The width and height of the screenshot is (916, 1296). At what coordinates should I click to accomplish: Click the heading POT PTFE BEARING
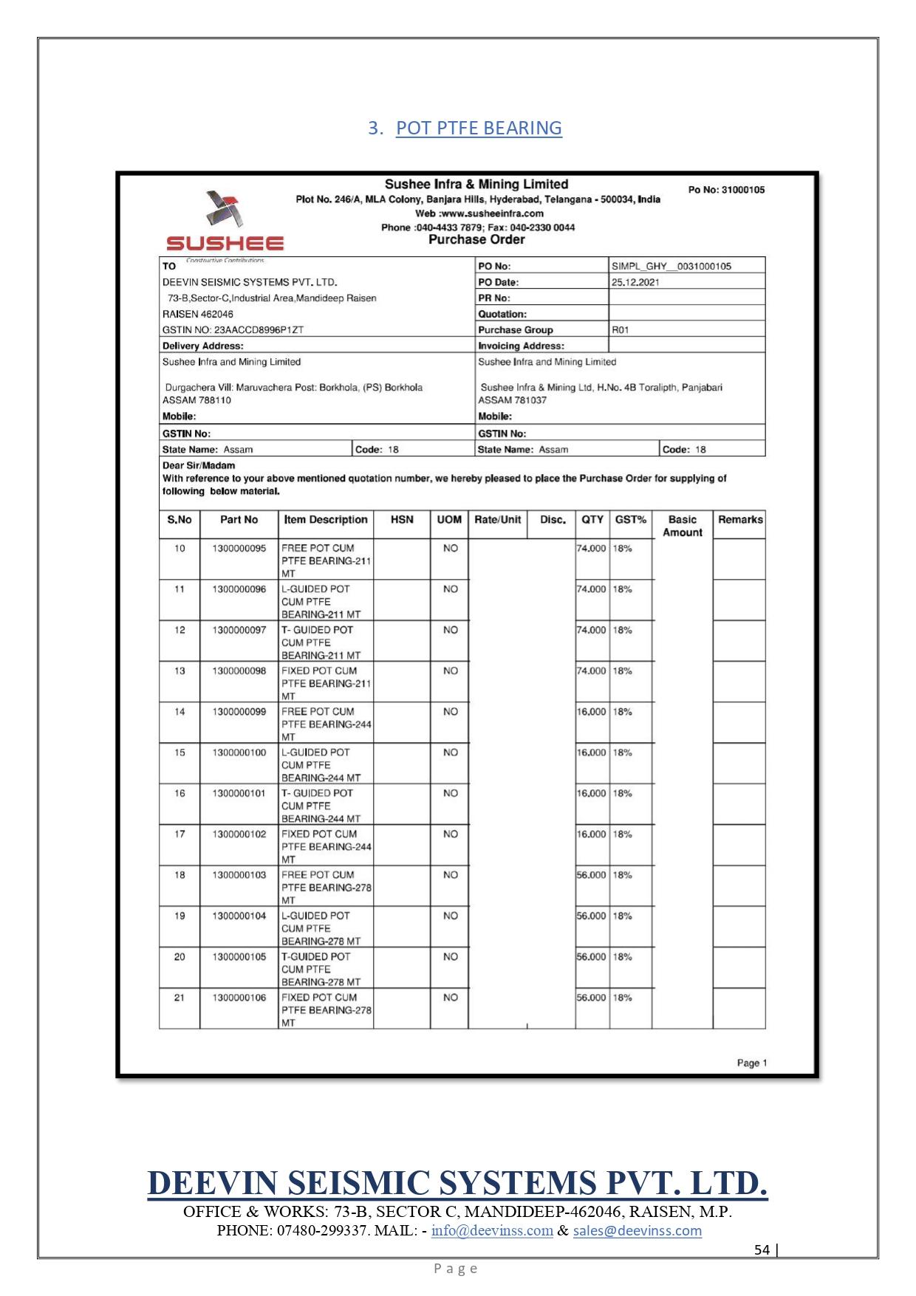coord(479,128)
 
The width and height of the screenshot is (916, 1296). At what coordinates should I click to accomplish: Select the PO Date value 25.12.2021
coord(635,282)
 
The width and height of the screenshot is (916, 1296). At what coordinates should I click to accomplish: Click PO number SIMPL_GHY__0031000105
coord(671,266)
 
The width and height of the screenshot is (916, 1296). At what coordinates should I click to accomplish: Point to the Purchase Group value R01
coord(620,330)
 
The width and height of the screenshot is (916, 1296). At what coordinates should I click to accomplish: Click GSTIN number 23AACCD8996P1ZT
coord(233,330)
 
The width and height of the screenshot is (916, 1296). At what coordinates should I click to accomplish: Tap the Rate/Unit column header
coord(497,520)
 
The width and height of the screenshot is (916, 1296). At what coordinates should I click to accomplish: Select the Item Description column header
coord(326,520)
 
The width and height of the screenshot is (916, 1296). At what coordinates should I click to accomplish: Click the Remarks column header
coord(740,520)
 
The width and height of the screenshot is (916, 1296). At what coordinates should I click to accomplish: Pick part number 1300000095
coord(239,549)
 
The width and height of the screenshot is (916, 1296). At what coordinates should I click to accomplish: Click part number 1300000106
coord(239,998)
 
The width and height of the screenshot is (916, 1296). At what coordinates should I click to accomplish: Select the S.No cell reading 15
coord(180,752)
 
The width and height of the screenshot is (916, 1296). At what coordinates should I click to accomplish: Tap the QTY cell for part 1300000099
coord(591,712)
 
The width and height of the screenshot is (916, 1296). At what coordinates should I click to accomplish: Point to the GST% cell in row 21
coord(623,998)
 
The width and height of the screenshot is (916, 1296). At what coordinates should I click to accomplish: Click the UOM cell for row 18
coord(450,875)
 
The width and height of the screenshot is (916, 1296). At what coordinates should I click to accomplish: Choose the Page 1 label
coord(751,1063)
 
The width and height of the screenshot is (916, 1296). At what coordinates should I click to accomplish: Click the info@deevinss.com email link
coord(492,1231)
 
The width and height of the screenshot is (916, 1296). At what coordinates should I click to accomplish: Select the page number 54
coord(762,1249)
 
